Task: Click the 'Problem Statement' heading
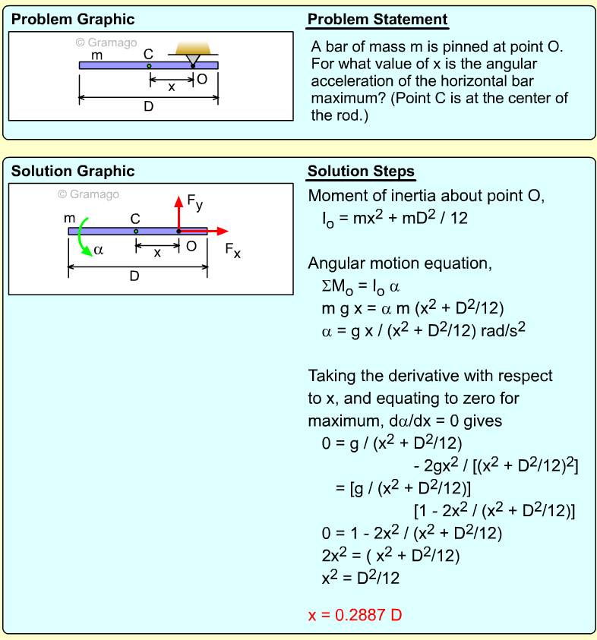pyautogui.click(x=377, y=20)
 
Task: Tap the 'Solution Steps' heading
pyautogui.click(x=361, y=172)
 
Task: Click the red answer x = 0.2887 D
pyautogui.click(x=355, y=615)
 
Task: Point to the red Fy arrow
pyautogui.click(x=178, y=212)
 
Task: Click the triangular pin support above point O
pyautogui.click(x=194, y=56)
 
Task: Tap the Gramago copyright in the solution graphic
pyautogui.click(x=89, y=194)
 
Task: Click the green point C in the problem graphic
pyautogui.click(x=149, y=66)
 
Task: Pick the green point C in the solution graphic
pyautogui.click(x=136, y=231)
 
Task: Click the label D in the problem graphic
pyautogui.click(x=149, y=107)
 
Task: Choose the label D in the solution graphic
pyautogui.click(x=134, y=276)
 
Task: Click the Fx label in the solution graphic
pyautogui.click(x=232, y=250)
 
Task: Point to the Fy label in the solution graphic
pyautogui.click(x=194, y=203)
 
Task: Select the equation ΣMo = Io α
pyautogui.click(x=361, y=287)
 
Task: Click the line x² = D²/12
pyautogui.click(x=361, y=578)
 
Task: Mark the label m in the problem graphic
pyautogui.click(x=96, y=55)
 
